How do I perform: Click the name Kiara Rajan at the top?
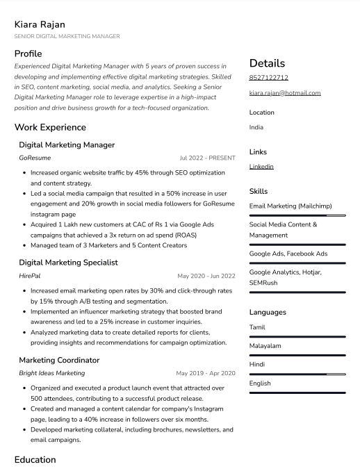tap(42, 24)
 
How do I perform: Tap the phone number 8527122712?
tap(268, 78)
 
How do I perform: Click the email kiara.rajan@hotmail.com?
tap(285, 93)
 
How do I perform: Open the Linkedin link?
tap(261, 167)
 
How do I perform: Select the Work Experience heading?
tap(50, 128)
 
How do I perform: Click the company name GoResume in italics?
tap(35, 158)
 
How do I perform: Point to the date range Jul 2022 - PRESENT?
tap(207, 158)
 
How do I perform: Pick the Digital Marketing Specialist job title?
tap(68, 263)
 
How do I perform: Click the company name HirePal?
tap(30, 276)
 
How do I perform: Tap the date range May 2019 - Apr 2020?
tap(205, 374)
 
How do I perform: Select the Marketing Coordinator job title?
tap(59, 360)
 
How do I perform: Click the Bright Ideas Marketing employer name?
tap(51, 374)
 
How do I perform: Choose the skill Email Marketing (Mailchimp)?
tap(291, 206)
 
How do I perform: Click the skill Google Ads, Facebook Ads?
tap(288, 254)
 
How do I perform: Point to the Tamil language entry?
tap(257, 327)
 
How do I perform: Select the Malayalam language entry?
tap(265, 346)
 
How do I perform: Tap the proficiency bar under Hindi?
tap(297, 374)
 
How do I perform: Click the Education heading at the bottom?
tap(35, 460)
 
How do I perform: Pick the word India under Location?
tap(256, 128)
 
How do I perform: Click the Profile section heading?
tap(28, 53)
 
